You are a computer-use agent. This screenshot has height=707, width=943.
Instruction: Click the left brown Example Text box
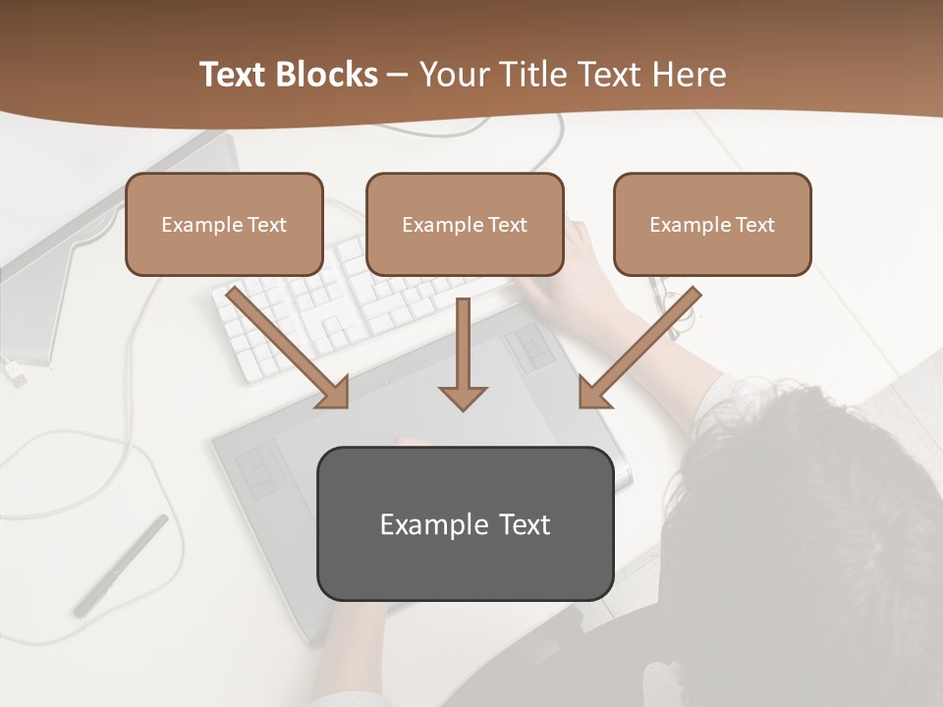point(224,225)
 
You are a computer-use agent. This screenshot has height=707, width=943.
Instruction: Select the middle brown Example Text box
point(465,225)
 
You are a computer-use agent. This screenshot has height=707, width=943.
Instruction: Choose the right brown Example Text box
point(712,225)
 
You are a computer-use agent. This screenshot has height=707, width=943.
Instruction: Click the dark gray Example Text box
point(465,524)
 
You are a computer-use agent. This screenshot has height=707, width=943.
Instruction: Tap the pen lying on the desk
point(120,566)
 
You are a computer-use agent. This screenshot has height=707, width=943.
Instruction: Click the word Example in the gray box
point(421,524)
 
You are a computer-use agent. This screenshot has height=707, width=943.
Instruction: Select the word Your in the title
point(455,75)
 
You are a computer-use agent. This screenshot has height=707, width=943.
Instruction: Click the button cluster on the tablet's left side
point(258,469)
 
